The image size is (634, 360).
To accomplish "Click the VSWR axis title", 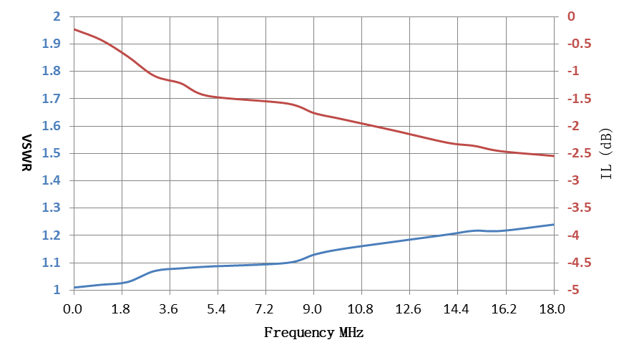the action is pos(26,152).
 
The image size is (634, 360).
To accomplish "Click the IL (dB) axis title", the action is pos(606,154).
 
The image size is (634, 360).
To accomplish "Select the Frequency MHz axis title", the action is pos(313,333).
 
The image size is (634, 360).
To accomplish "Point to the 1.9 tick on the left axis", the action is pos(52,44).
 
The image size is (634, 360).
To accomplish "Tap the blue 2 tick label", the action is pos(57,16).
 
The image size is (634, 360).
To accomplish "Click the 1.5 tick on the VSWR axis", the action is pos(52,153).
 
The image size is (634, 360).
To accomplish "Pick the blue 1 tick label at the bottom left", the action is pos(57,290).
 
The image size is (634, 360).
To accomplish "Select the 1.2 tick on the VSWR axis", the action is pos(52,235).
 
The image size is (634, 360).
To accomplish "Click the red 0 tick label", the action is pos(571,16).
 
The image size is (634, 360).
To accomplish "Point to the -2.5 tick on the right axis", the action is pos(579,153).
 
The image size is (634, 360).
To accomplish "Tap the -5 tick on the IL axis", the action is pos(573,290).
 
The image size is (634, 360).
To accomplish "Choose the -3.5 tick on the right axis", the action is pos(579,208).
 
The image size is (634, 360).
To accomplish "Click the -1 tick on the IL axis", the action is pos(573,71).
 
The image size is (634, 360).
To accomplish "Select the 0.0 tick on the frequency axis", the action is pos(72,309).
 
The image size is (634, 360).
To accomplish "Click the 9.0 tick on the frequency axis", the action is pos(312,309).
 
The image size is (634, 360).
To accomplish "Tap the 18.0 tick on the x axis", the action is pos(552,309).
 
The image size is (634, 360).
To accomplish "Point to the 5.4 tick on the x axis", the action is pos(216,309).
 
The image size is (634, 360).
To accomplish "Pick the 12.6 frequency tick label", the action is pos(409,309).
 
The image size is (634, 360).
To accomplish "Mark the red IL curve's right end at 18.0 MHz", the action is pos(554,156).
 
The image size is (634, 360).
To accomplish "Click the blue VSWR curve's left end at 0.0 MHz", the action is pos(74,288).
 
